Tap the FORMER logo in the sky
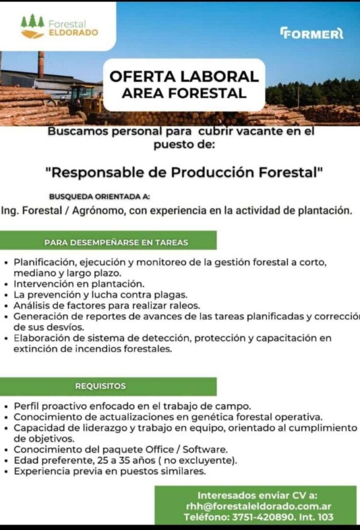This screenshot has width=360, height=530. (x=312, y=34)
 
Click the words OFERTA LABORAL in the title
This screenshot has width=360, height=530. (x=184, y=77)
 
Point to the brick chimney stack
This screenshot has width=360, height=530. (x=41, y=65)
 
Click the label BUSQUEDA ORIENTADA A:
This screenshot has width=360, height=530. (x=100, y=197)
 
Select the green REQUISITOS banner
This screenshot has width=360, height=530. (x=108, y=386)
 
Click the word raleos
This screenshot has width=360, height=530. (x=185, y=306)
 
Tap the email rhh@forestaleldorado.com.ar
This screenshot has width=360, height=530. (x=258, y=506)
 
